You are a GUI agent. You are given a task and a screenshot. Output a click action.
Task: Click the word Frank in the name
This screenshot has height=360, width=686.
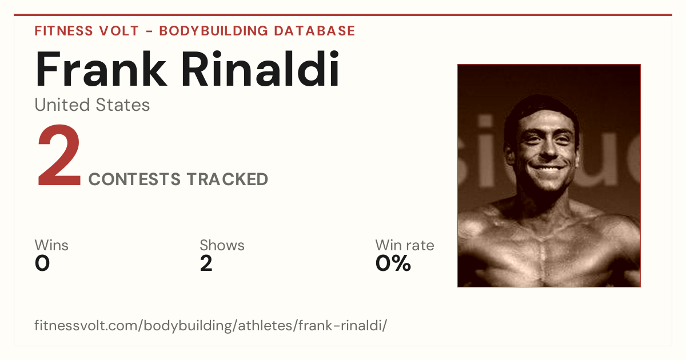click(101, 69)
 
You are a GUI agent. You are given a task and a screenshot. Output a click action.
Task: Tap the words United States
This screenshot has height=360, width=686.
click(92, 105)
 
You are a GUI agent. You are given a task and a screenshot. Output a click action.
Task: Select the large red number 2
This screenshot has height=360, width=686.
click(59, 155)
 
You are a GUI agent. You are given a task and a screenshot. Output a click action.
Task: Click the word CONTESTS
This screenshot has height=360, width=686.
click(134, 179)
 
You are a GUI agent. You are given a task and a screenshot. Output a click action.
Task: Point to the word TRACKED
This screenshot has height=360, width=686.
click(228, 179)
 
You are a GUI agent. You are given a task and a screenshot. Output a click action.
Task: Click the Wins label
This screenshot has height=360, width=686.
click(51, 245)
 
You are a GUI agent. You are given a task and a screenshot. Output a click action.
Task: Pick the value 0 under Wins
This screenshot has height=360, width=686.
click(42, 263)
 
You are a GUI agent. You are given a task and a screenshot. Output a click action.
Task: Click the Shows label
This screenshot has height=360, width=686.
click(222, 245)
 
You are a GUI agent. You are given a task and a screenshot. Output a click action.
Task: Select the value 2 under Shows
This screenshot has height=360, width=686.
click(206, 263)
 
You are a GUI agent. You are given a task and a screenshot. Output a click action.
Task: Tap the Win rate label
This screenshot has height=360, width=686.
click(405, 245)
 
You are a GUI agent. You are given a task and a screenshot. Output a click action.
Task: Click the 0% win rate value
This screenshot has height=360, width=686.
click(393, 263)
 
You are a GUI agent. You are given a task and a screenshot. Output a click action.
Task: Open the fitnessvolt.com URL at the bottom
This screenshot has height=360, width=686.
click(211, 325)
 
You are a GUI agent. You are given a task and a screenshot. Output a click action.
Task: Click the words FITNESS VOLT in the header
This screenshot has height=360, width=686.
click(87, 31)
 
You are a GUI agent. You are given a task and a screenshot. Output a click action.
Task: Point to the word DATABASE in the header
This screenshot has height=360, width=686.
click(314, 31)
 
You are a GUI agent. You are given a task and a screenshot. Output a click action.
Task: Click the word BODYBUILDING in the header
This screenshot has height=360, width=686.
click(214, 31)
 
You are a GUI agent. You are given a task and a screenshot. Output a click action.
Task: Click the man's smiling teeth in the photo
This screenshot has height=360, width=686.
click(548, 168)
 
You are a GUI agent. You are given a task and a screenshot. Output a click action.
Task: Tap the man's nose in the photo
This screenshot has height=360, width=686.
click(548, 149)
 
